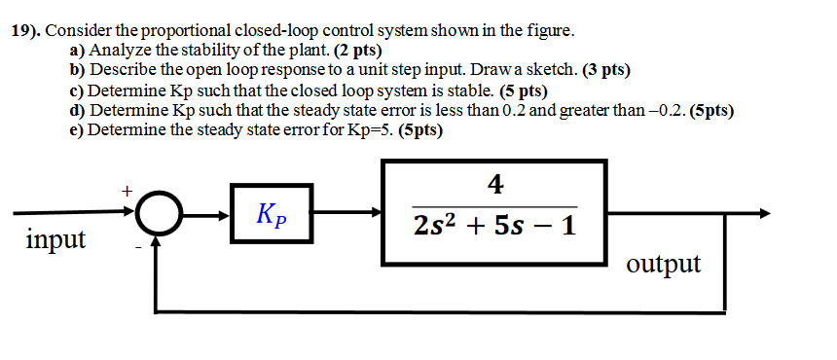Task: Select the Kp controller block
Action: (x=271, y=213)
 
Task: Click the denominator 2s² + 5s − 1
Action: (x=495, y=226)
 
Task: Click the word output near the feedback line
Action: (x=664, y=263)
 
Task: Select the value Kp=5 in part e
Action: (x=371, y=130)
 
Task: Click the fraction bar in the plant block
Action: (x=495, y=205)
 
